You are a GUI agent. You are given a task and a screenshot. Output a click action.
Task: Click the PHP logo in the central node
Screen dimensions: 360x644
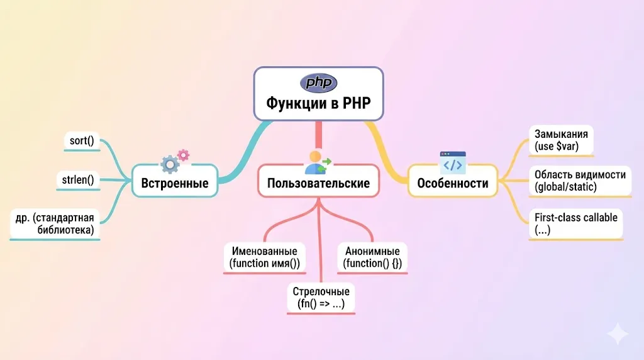(318, 83)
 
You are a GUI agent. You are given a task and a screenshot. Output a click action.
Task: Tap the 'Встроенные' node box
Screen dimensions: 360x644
(175, 183)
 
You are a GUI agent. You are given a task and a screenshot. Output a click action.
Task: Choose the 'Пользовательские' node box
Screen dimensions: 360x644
(318, 183)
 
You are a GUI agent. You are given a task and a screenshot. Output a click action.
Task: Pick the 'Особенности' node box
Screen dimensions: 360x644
(452, 183)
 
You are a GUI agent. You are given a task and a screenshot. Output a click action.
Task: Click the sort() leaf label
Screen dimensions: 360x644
(82, 141)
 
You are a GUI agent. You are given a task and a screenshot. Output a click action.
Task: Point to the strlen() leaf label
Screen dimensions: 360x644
(78, 181)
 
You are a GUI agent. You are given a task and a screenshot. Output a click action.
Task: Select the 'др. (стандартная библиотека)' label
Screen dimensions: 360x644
(55, 224)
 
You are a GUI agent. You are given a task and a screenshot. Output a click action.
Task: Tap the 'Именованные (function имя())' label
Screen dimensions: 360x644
(264, 257)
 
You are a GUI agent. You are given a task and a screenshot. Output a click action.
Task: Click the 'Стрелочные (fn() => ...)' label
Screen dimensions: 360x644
(321, 298)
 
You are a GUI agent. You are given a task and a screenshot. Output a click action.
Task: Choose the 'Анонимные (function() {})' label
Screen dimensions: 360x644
(372, 257)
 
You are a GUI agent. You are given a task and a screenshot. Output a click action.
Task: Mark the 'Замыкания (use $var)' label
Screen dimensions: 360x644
(561, 140)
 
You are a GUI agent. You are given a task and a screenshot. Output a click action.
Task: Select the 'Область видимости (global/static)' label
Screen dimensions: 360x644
(579, 180)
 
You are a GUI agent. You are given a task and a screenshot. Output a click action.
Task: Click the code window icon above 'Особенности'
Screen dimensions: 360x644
(453, 162)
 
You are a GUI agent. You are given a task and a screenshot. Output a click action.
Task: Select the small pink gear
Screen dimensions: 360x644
(183, 154)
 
